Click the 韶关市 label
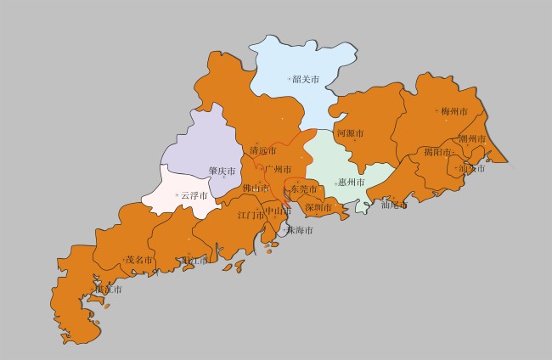[306, 79]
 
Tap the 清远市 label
[262, 151]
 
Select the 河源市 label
[350, 134]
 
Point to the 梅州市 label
[454, 111]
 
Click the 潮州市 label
[472, 139]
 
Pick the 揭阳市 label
[437, 153]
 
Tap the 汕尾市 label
[394, 205]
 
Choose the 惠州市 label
[351, 182]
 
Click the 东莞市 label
[303, 188]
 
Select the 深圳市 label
[318, 207]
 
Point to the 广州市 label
[278, 170]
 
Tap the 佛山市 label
[256, 188]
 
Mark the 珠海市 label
[299, 230]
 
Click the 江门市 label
[251, 215]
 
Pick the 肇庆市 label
[222, 171]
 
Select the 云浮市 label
[194, 195]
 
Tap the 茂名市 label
[139, 260]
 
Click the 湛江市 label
[109, 289]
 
